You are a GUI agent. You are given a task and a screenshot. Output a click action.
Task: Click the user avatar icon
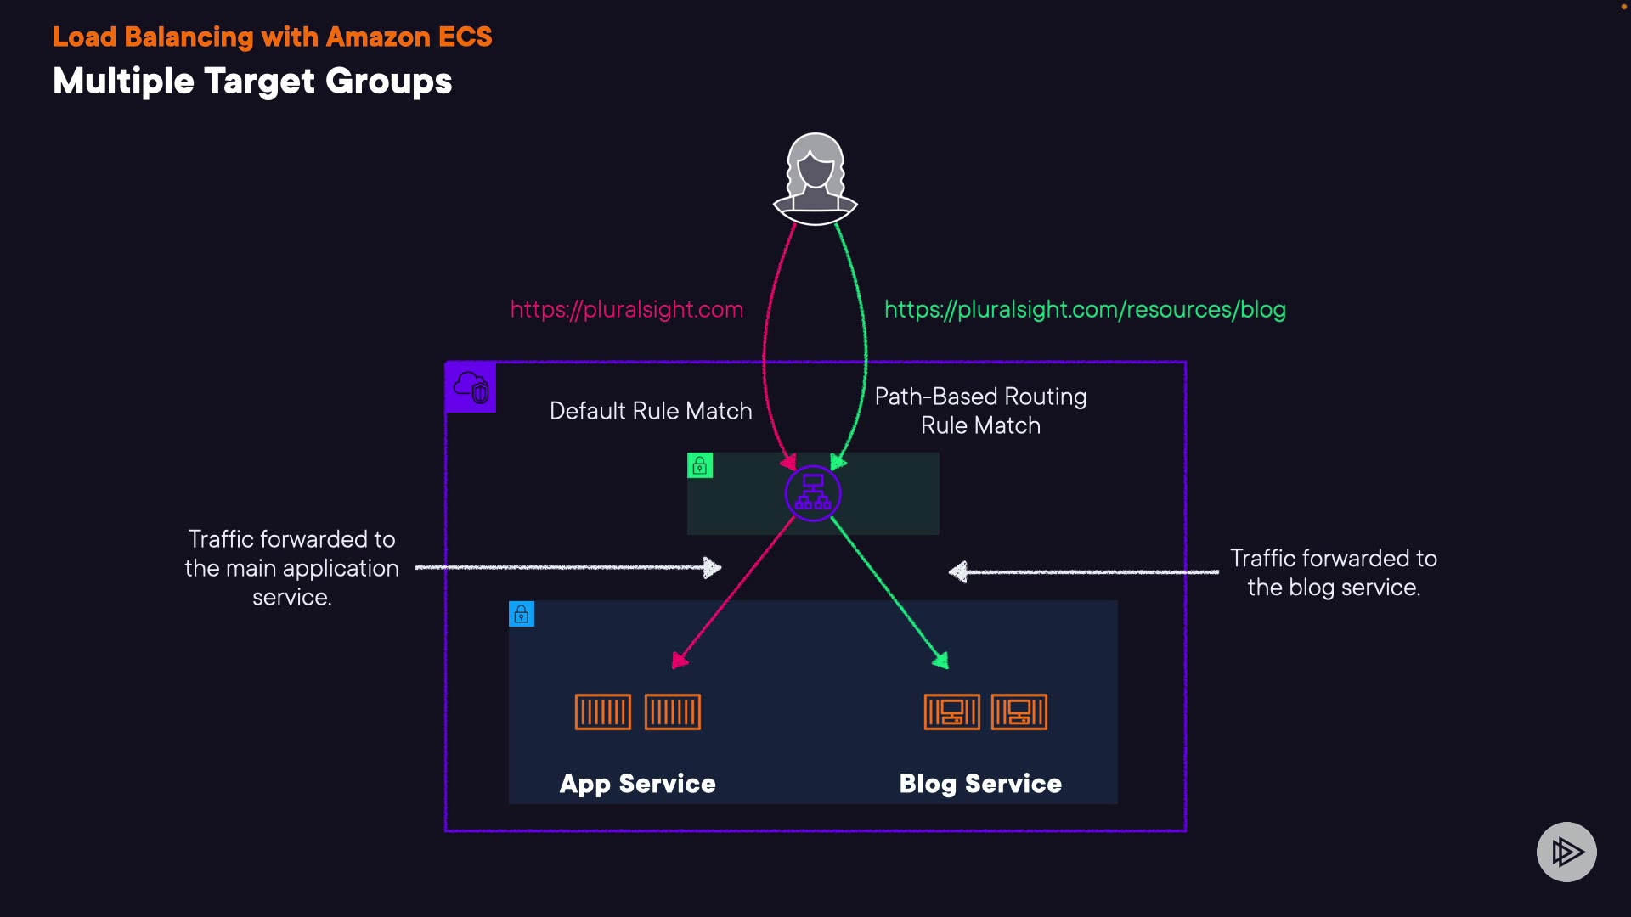(815, 178)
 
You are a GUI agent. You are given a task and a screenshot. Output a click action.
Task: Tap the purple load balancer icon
(813, 493)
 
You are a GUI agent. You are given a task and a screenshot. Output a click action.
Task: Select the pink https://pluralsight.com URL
(627, 309)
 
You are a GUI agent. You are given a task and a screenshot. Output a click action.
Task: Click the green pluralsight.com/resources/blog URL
(1085, 309)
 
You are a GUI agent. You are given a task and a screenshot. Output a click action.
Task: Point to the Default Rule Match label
(651, 411)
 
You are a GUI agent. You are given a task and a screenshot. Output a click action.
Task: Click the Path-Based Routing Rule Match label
(980, 411)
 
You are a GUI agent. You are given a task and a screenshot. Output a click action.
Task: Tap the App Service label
(637, 783)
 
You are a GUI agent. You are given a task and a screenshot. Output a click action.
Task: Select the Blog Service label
(980, 783)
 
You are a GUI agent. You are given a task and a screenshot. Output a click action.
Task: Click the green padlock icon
(700, 465)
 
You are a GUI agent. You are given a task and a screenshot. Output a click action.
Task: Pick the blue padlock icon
(522, 614)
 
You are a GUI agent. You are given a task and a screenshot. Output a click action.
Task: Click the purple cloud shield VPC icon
(471, 387)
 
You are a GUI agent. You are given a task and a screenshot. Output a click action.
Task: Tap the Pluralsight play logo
(1566, 852)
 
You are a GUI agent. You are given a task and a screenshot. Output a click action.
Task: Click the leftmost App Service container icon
(603, 712)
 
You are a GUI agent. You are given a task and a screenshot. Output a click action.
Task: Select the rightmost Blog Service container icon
(1019, 712)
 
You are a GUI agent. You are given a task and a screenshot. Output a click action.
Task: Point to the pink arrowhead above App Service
(679, 660)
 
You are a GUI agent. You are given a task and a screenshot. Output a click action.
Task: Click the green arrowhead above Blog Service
(941, 660)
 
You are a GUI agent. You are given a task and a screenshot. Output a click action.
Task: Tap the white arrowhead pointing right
(713, 567)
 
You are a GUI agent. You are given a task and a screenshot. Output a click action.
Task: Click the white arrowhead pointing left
(958, 572)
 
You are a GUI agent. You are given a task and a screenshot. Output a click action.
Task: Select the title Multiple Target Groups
(252, 82)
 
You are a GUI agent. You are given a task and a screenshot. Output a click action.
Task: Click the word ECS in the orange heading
(465, 37)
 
